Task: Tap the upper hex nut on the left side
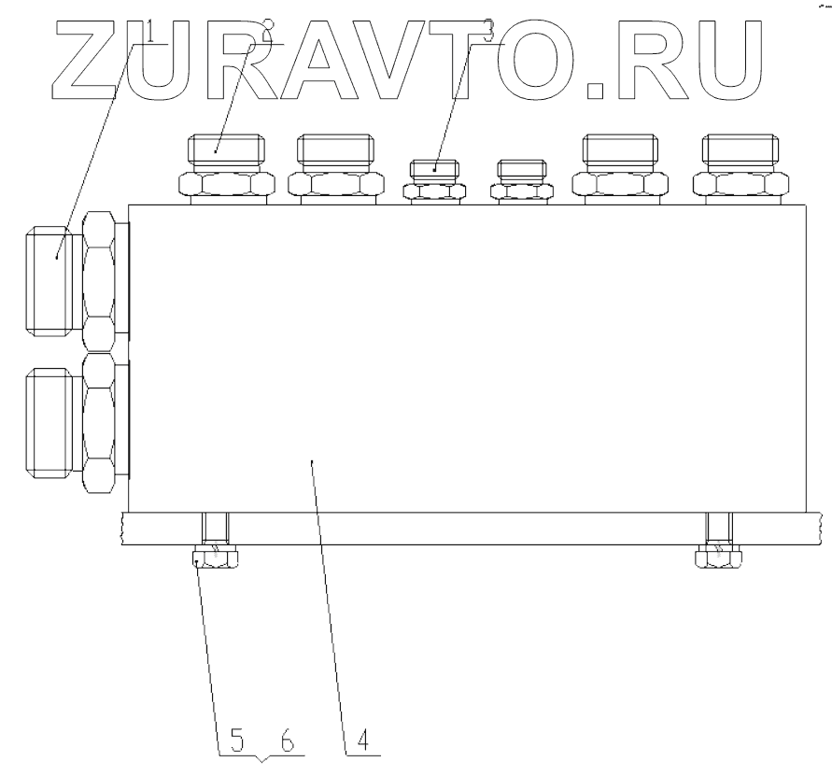tap(101, 279)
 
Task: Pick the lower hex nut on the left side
tap(101, 423)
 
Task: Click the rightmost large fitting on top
tap(741, 168)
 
